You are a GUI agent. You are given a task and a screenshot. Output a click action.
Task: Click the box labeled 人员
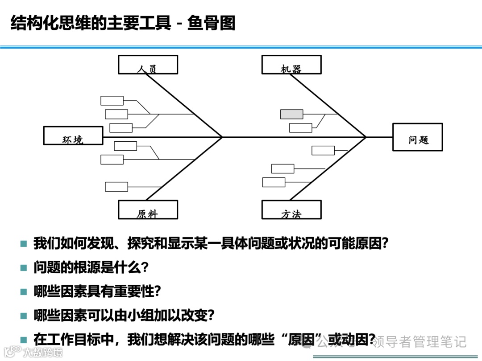tap(148, 65)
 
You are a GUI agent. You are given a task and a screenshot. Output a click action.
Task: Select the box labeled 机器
tap(291, 65)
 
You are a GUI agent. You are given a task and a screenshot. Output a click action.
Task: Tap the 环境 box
tap(73, 135)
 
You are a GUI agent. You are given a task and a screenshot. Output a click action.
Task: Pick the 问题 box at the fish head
tap(418, 137)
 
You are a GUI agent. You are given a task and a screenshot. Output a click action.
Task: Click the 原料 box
tap(148, 209)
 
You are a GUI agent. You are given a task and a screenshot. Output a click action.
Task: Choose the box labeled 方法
tap(291, 209)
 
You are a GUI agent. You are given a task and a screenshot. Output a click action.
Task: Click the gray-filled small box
tap(291, 114)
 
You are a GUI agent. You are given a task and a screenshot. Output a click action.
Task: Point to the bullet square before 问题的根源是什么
tap(24, 268)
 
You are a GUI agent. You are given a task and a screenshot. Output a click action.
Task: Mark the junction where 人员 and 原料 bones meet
tap(222, 137)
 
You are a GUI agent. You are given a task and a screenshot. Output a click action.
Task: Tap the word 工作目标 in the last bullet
tap(74, 340)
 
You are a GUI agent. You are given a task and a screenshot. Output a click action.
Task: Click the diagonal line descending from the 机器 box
tap(328, 106)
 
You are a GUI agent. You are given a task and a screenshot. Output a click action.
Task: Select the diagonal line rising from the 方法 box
tap(328, 169)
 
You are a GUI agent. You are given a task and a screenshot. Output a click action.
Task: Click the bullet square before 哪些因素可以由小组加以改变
tap(24, 316)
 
